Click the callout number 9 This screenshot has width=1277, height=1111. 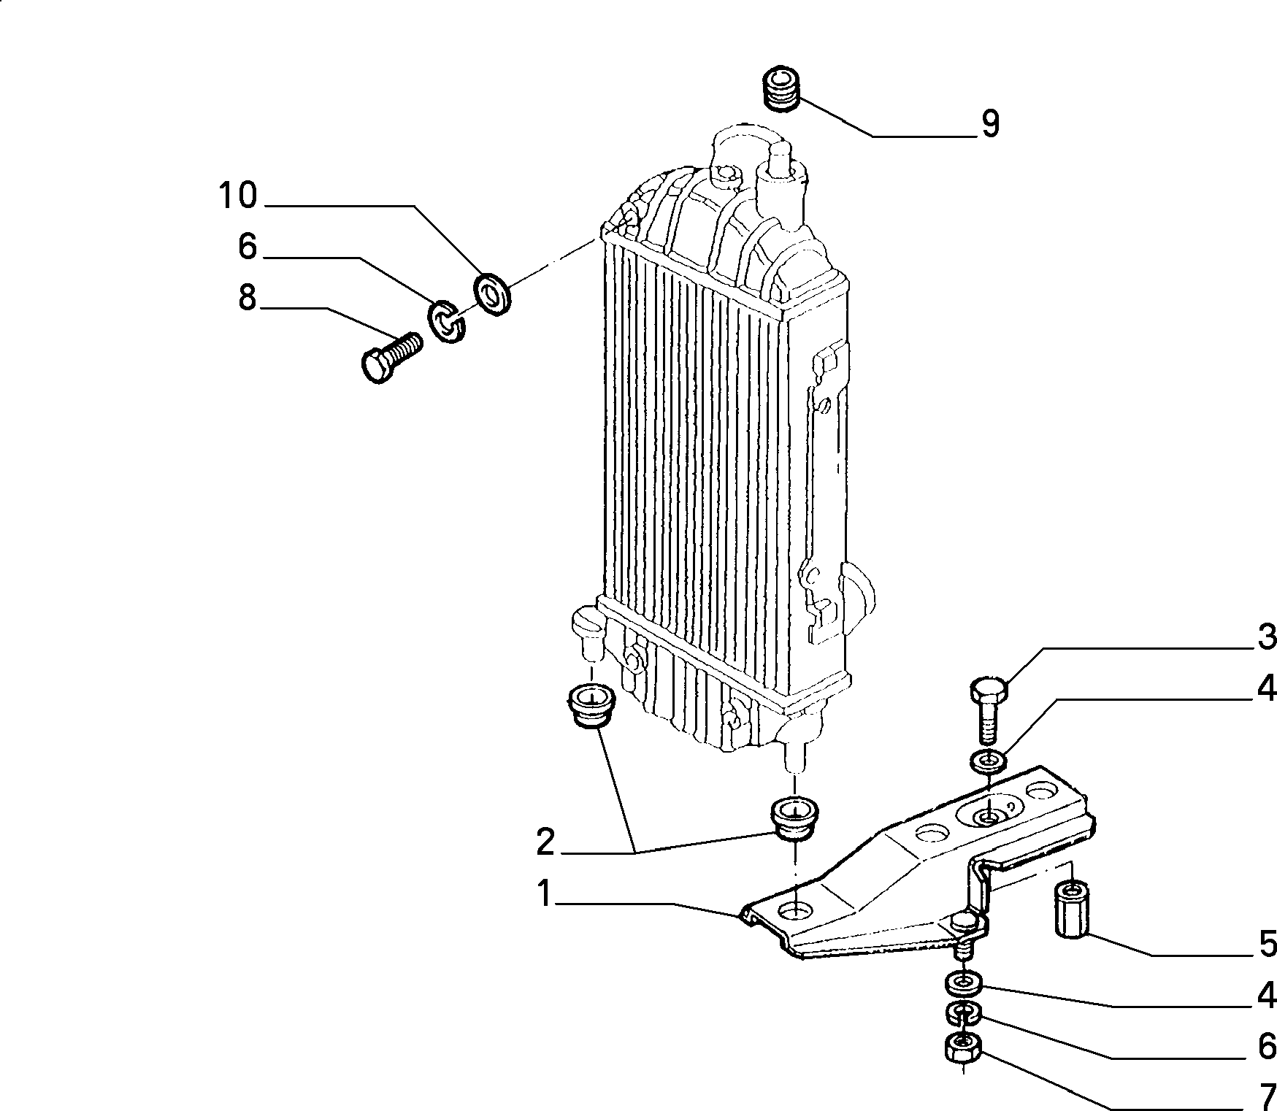tap(989, 124)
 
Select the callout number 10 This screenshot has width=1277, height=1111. tap(238, 196)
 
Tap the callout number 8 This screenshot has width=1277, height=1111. tap(248, 299)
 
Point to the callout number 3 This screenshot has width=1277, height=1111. tap(1266, 637)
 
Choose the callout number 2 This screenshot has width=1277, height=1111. tap(545, 842)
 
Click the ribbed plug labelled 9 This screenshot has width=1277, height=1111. tap(781, 89)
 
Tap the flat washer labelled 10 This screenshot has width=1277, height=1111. tap(493, 294)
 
